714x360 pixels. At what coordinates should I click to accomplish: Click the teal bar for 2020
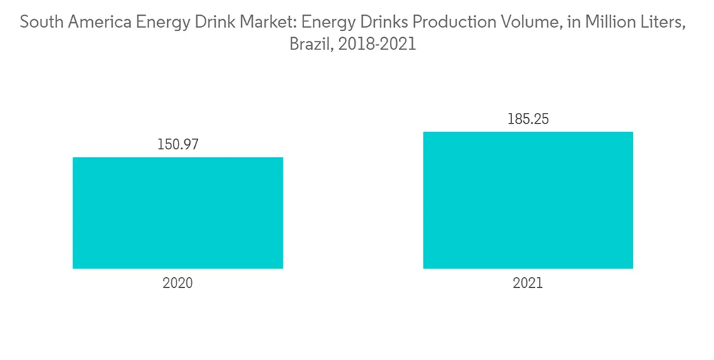pos(178,213)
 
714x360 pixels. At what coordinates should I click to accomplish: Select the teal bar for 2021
pos(528,200)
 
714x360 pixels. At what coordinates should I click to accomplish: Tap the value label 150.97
pos(178,144)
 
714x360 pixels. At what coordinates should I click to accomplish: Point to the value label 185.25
pos(528,119)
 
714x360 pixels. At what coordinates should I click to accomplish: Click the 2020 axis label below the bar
pos(178,283)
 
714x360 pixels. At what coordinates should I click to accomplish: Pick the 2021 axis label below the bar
pos(528,283)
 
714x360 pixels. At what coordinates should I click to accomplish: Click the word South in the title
pos(40,24)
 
